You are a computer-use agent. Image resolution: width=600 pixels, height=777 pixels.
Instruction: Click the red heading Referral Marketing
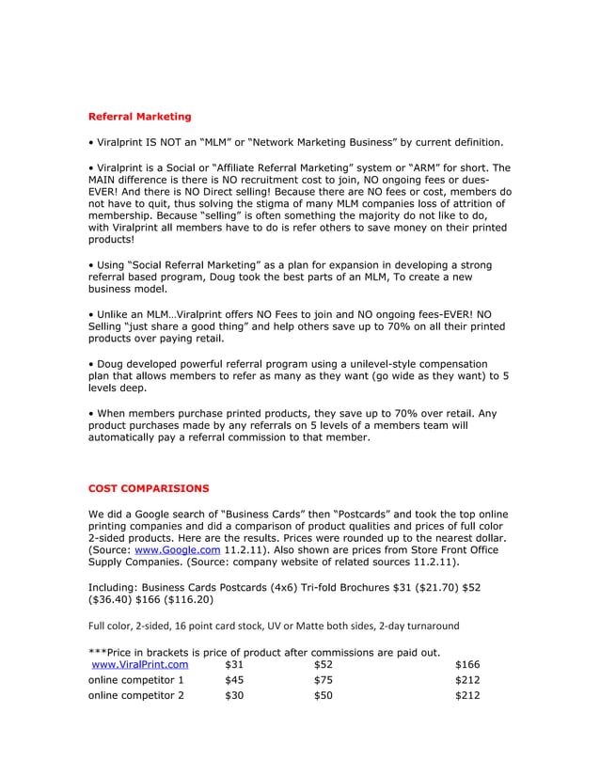[x=139, y=117]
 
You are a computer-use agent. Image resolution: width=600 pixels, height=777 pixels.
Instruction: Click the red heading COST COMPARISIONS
[x=149, y=488]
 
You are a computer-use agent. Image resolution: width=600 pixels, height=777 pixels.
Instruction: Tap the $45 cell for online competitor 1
[x=235, y=680]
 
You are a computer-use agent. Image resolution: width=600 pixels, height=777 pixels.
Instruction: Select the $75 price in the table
[x=324, y=680]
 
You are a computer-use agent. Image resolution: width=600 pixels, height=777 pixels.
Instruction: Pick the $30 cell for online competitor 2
[x=235, y=696]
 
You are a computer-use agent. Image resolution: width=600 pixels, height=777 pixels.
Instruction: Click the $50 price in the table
[x=324, y=696]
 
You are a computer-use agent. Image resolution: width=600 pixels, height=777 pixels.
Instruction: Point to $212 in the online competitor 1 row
[x=467, y=680]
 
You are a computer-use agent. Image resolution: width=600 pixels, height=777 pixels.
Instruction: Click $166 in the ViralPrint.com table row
[x=467, y=664]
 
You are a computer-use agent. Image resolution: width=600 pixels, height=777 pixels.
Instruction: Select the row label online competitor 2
[x=135, y=696]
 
